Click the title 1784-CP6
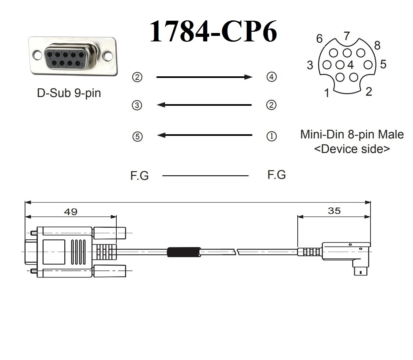point(213,32)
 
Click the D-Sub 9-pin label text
point(69,93)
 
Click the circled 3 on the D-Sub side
point(137,105)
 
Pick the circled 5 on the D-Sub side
point(137,136)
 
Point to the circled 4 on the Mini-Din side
point(271,77)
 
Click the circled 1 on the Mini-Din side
point(271,136)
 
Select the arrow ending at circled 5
point(204,135)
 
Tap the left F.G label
point(139,176)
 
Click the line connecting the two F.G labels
point(205,176)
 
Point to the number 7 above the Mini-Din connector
point(347,36)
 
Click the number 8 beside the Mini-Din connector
point(377,46)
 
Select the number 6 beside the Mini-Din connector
point(319,39)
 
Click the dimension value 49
point(70,212)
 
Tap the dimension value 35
point(334,211)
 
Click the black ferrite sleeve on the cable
point(183,252)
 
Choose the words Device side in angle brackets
point(352,149)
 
